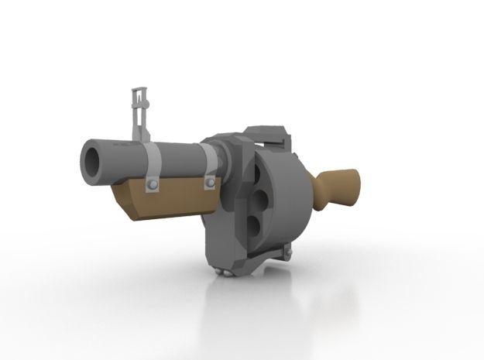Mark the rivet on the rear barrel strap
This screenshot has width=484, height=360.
pos(210,183)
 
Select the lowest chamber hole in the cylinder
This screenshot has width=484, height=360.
pos(252,225)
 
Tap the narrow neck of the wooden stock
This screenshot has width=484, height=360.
pos(319,187)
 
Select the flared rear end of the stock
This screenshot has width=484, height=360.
pos(353,188)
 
